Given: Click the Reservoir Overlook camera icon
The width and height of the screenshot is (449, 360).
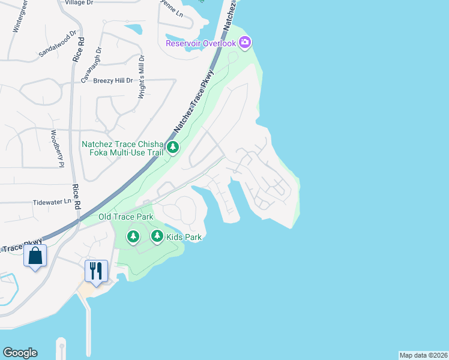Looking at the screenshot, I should (x=244, y=43).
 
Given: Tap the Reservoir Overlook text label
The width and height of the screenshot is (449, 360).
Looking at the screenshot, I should (x=201, y=43).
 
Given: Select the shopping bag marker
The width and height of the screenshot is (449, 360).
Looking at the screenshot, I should (x=35, y=256).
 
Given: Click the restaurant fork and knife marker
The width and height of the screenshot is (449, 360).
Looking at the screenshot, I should (x=96, y=270).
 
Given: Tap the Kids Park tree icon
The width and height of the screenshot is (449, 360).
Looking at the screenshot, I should (x=157, y=237).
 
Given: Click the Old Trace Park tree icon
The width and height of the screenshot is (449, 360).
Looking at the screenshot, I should (x=133, y=237).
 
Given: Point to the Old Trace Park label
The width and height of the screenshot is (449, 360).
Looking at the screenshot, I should (x=126, y=217).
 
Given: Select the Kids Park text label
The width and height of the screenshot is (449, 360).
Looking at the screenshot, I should (x=184, y=237).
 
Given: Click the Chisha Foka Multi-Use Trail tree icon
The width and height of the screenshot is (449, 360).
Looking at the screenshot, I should (x=173, y=148).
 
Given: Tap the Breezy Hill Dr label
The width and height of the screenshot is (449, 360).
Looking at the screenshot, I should (x=106, y=80).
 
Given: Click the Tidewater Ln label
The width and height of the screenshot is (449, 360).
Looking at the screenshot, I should (x=52, y=202).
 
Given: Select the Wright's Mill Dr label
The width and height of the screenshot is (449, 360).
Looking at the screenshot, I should (x=142, y=77).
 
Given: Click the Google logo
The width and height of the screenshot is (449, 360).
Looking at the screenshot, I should (x=20, y=353).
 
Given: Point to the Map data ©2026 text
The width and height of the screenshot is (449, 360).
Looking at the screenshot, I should (x=423, y=355).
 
